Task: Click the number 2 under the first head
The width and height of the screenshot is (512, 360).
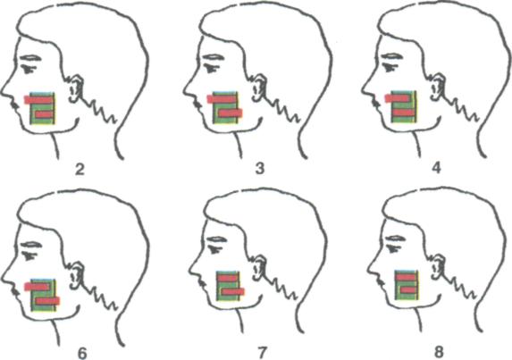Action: (80, 170)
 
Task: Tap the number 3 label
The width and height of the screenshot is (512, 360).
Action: (260, 169)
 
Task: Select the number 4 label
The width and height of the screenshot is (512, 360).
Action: (437, 168)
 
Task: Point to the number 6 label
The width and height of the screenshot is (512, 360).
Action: (82, 353)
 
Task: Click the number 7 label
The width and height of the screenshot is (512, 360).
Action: (262, 352)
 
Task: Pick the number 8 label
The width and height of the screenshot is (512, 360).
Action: (439, 352)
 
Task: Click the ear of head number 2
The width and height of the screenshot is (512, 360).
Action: (76, 88)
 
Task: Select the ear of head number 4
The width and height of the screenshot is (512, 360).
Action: (438, 86)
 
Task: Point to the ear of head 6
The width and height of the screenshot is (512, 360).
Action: (77, 275)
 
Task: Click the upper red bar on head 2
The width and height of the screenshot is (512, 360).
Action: (38, 99)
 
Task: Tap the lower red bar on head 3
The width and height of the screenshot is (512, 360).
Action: (231, 113)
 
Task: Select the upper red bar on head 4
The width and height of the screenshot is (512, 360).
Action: (398, 98)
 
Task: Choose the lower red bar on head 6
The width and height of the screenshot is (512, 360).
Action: (48, 301)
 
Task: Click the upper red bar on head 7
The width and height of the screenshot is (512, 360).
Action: (229, 278)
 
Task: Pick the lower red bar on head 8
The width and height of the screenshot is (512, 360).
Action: (408, 289)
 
